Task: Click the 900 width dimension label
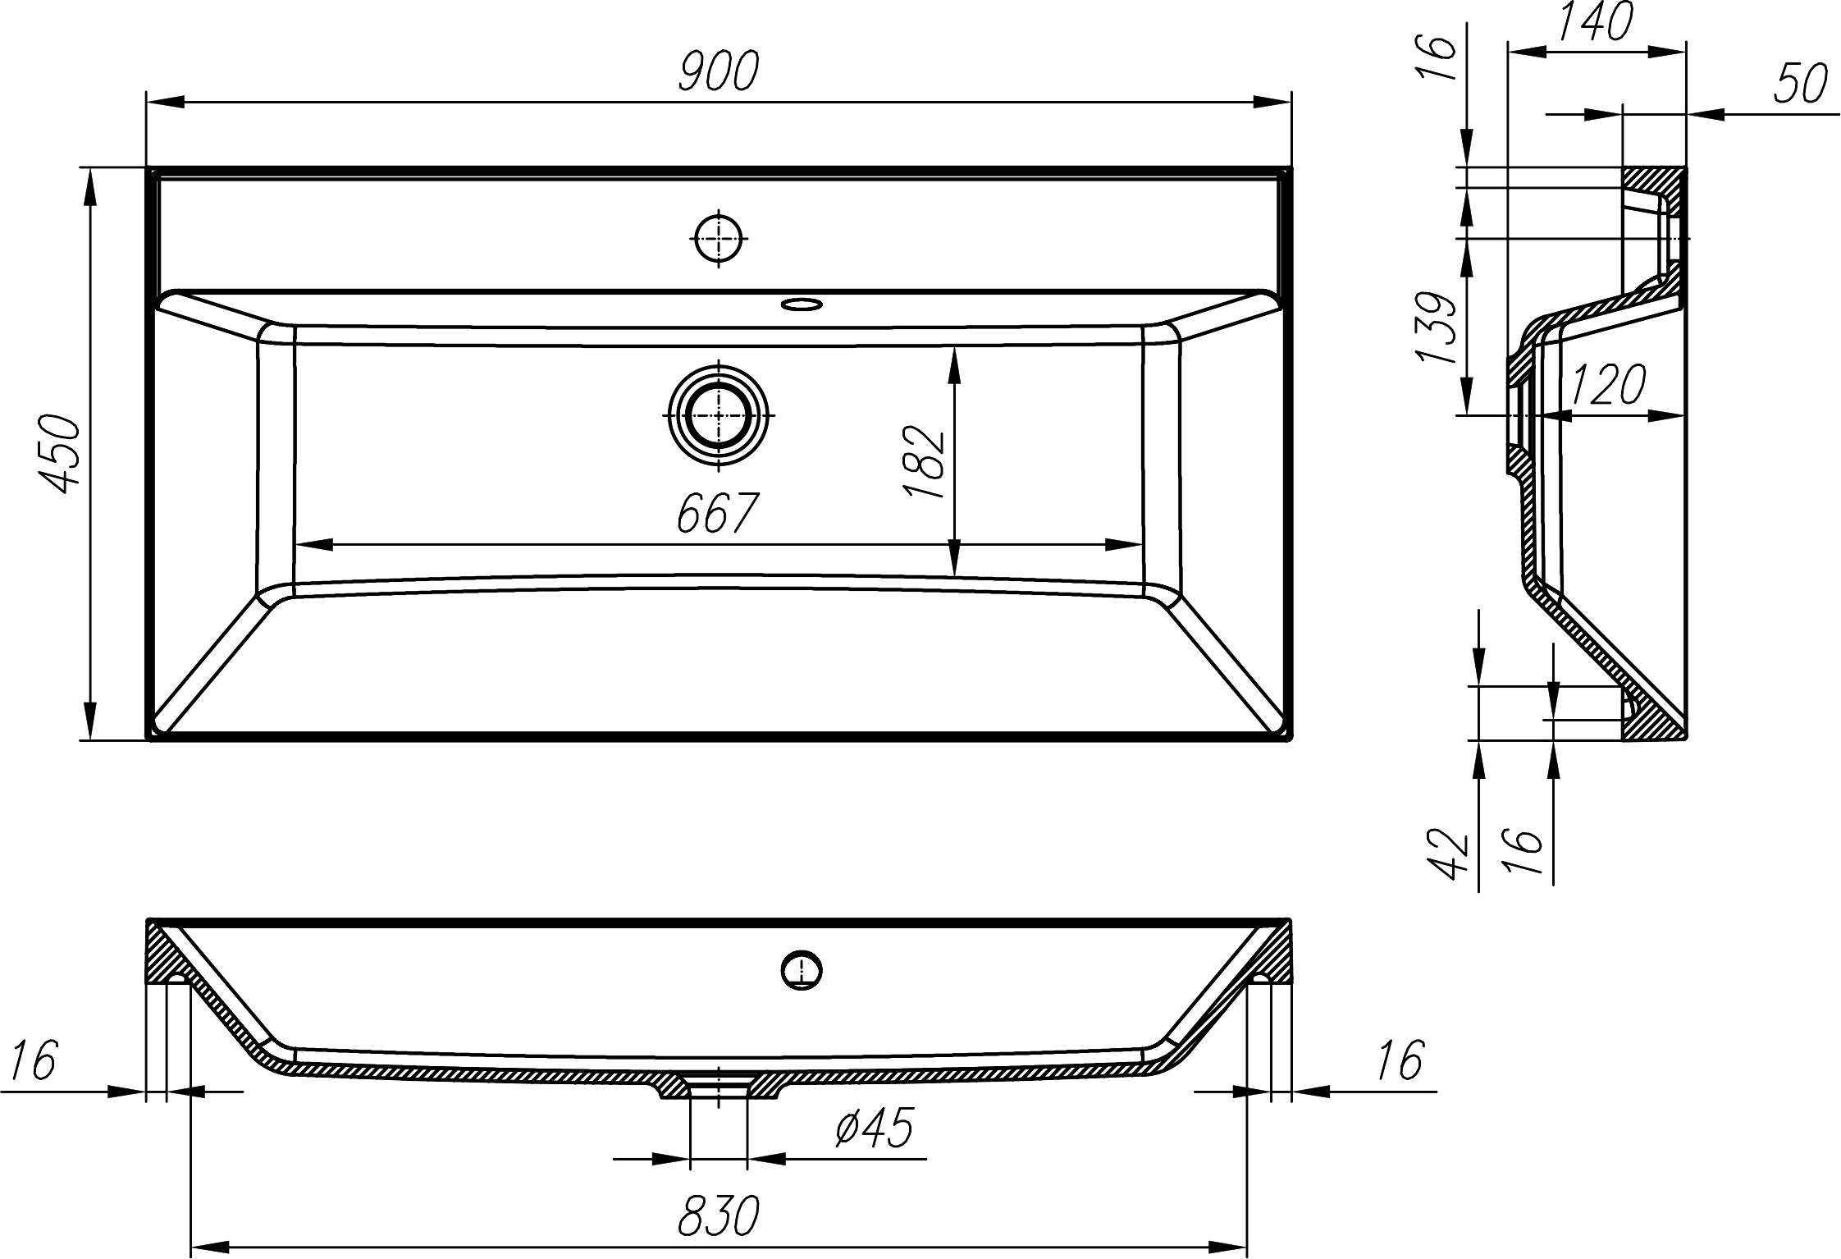719,71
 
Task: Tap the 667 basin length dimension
715,515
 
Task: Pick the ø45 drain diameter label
874,1129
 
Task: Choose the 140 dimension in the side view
1595,22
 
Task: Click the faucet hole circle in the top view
719,238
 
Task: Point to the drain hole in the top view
719,414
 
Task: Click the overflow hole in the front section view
802,971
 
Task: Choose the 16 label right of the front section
1399,1060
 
